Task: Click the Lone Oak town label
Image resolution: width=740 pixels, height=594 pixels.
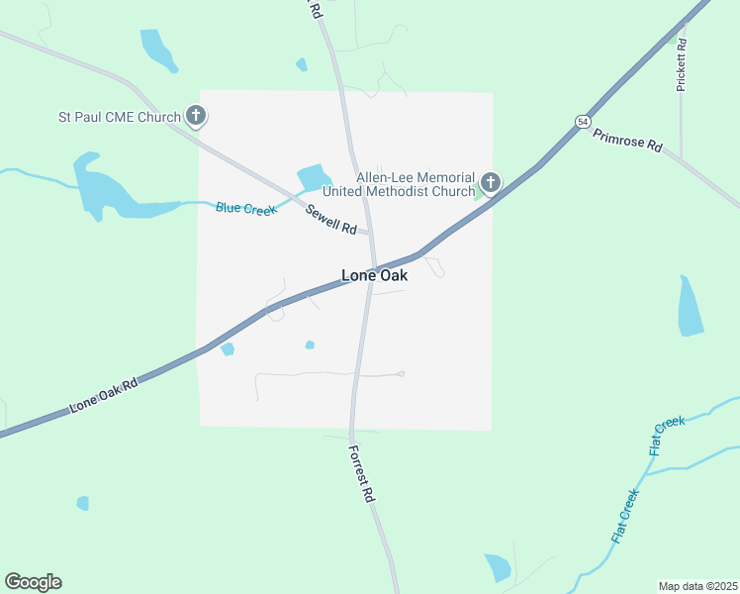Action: click(374, 276)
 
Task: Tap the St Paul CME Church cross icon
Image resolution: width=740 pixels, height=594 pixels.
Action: click(196, 117)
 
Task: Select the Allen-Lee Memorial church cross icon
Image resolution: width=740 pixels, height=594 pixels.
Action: click(490, 183)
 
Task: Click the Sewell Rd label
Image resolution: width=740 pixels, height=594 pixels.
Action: click(330, 219)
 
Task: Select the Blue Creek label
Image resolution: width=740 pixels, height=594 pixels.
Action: click(246, 207)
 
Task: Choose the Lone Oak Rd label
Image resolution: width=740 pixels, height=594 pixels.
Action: click(103, 394)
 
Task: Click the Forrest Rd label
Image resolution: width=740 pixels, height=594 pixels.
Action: click(361, 472)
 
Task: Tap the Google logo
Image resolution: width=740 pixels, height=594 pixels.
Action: click(33, 582)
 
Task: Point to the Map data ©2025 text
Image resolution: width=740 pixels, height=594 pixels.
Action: click(697, 585)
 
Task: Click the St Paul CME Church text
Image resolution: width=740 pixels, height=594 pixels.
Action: click(119, 118)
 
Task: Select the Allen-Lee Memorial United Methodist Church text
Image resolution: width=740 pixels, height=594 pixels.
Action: click(416, 183)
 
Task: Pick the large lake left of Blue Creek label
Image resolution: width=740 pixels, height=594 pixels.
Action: click(104, 189)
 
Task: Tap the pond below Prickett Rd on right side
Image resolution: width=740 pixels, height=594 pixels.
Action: click(691, 306)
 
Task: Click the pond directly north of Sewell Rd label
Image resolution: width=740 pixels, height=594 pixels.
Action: click(313, 176)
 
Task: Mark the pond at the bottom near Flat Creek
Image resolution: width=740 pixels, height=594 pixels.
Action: click(498, 567)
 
